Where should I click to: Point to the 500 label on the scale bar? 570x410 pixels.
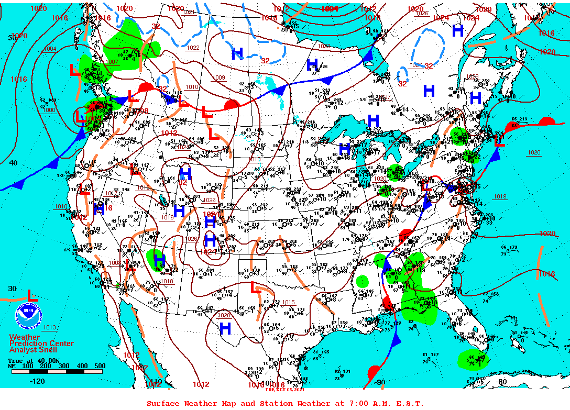[100, 366]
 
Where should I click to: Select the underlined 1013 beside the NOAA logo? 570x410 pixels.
[49, 328]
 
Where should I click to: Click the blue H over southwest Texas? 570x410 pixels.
[225, 329]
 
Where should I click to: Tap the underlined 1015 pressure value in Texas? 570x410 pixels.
[288, 302]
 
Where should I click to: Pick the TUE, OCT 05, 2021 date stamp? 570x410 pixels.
[284, 390]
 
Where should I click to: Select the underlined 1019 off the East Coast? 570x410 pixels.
[500, 197]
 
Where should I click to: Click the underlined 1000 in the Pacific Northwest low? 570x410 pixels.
[49, 110]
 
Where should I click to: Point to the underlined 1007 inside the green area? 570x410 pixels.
[112, 62]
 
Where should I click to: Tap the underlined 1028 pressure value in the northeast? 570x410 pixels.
[472, 77]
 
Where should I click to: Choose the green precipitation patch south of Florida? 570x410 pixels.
[473, 360]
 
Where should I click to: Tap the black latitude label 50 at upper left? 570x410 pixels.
[11, 38]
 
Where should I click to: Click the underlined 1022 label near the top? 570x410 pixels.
[193, 48]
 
